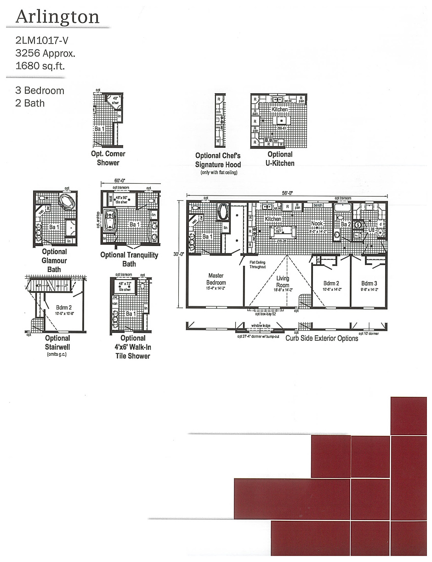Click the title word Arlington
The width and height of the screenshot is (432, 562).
(57, 17)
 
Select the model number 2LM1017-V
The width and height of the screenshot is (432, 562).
(42, 41)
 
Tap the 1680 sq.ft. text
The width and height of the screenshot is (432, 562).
(40, 66)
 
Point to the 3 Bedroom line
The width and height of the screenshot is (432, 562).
(40, 90)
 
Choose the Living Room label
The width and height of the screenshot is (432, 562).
(283, 281)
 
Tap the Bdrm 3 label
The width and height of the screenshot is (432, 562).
(369, 283)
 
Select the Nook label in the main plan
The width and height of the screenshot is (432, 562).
(317, 224)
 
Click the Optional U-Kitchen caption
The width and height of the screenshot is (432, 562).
(279, 159)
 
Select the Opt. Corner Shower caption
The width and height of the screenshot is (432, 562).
(108, 158)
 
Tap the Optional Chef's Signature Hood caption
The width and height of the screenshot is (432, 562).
(218, 160)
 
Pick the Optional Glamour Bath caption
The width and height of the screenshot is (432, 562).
(54, 260)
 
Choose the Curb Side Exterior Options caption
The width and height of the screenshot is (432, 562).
(321, 338)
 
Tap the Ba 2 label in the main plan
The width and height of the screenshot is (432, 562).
(346, 225)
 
